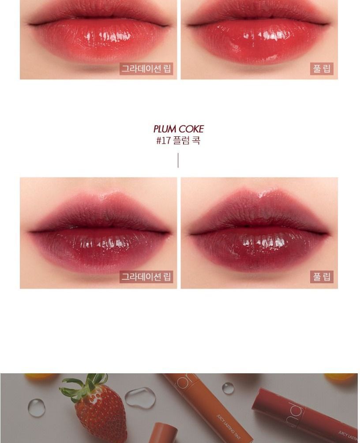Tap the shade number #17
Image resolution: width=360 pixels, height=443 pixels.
163,141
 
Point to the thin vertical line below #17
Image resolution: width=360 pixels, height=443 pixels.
178,160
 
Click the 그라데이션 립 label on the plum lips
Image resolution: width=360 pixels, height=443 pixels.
146,277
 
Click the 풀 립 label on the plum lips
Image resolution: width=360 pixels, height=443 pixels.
322,277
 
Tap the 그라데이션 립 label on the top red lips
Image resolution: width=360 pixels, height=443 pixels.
146,69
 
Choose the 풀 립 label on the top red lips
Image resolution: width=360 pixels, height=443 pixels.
322,69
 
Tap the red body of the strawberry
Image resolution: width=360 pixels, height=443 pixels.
99,417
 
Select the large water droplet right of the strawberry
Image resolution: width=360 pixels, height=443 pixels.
140,398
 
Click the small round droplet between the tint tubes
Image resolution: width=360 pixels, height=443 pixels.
228,388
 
